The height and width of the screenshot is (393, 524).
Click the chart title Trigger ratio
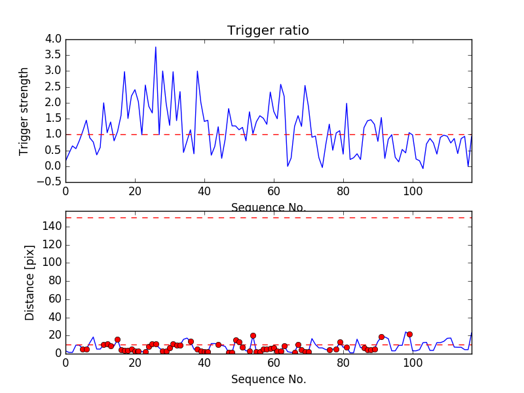coord(268,31)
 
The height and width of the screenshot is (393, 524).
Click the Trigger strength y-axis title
coord(24,111)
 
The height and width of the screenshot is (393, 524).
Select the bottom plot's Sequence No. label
coord(268,379)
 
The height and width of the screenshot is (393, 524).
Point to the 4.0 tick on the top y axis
coord(54,39)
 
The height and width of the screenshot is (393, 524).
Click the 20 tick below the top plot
coord(135,192)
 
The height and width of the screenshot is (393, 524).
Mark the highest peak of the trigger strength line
coord(156,47)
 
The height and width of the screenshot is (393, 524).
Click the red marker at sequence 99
coord(409,334)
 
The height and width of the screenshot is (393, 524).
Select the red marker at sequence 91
coord(381,337)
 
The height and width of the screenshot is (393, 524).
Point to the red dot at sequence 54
coord(253,335)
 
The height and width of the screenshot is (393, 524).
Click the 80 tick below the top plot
coord(343,192)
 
